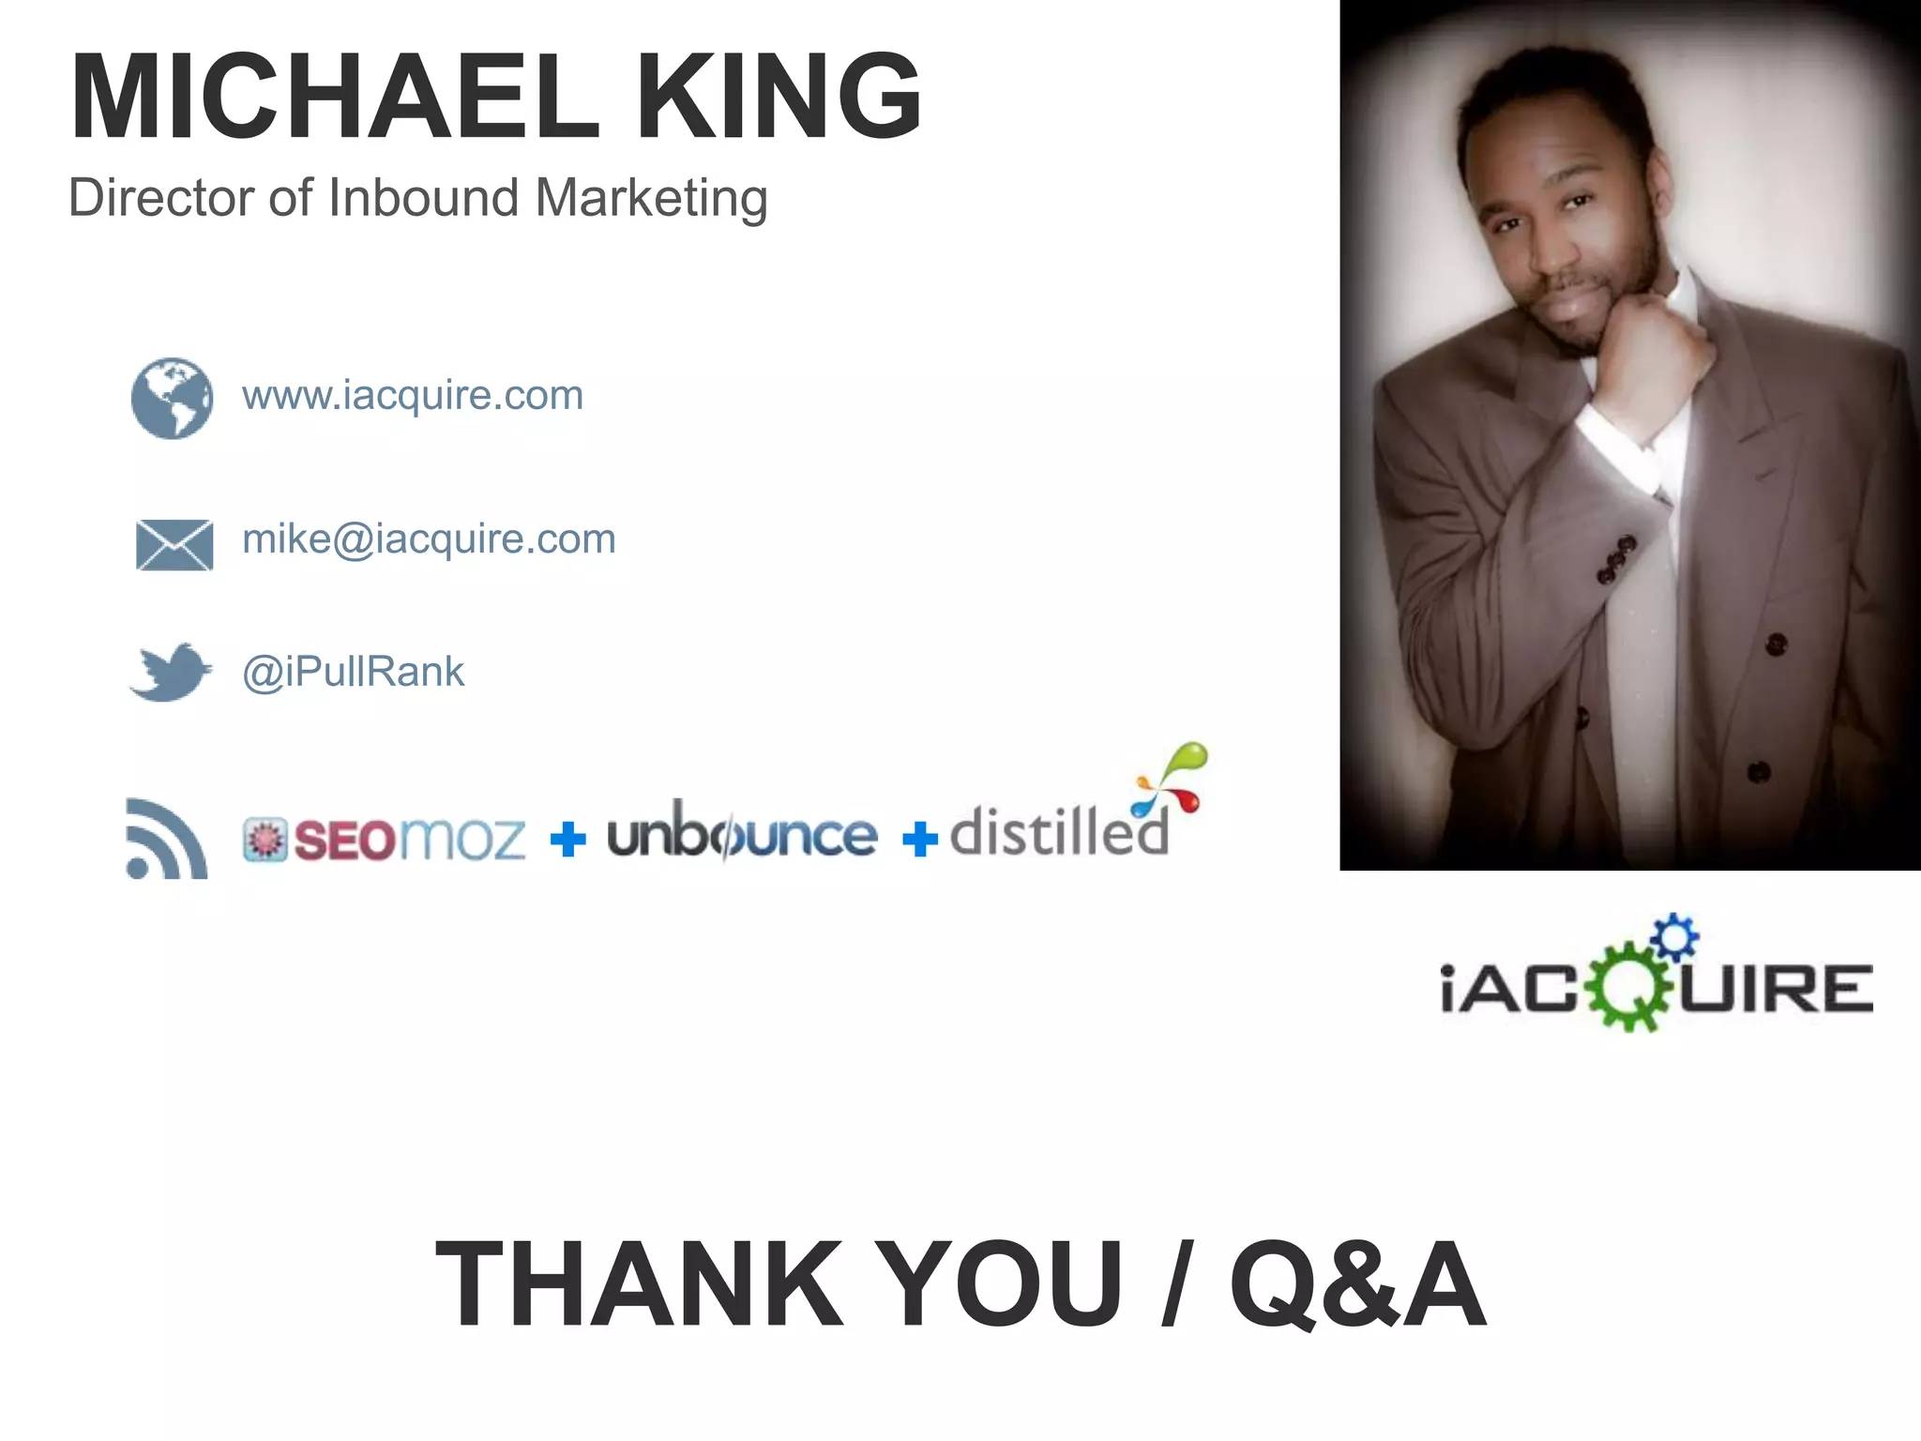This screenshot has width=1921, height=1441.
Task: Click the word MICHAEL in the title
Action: click(x=333, y=97)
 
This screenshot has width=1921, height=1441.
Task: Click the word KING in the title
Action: click(x=779, y=97)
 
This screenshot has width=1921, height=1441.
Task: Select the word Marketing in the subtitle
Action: click(x=651, y=198)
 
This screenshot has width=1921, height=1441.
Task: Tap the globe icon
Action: click(x=172, y=398)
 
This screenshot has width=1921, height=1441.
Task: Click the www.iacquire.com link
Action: click(x=413, y=395)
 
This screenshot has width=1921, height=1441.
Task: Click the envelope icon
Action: click(x=174, y=544)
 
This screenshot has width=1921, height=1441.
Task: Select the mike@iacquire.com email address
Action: click(x=429, y=539)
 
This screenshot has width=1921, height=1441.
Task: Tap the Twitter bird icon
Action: click(x=171, y=672)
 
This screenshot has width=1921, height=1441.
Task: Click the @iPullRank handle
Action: click(x=353, y=672)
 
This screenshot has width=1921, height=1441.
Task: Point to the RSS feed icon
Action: click(x=165, y=840)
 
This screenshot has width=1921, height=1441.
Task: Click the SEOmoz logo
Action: click(x=385, y=839)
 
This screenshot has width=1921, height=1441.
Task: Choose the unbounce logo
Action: click(x=741, y=833)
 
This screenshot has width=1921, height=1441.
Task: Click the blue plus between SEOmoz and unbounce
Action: click(x=567, y=839)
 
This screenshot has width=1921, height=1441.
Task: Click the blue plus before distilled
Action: click(x=919, y=839)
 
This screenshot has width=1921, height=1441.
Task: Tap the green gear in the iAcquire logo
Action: click(x=1629, y=988)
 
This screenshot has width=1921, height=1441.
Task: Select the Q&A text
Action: click(x=1357, y=1284)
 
